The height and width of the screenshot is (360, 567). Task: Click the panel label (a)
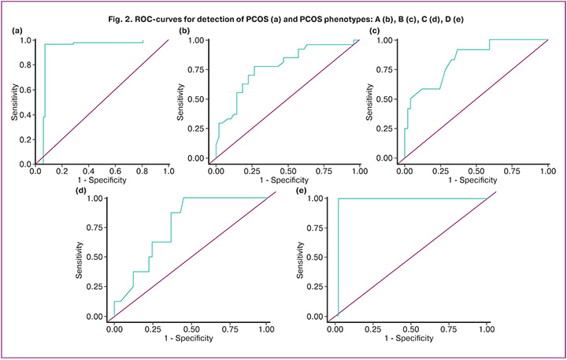click(17, 30)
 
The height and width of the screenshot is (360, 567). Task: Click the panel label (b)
click(185, 30)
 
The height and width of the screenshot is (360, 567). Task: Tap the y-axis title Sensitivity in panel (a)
click(15, 102)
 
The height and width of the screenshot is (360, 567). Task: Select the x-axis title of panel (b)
click(287, 180)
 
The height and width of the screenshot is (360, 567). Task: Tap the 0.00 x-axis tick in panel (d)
click(114, 326)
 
